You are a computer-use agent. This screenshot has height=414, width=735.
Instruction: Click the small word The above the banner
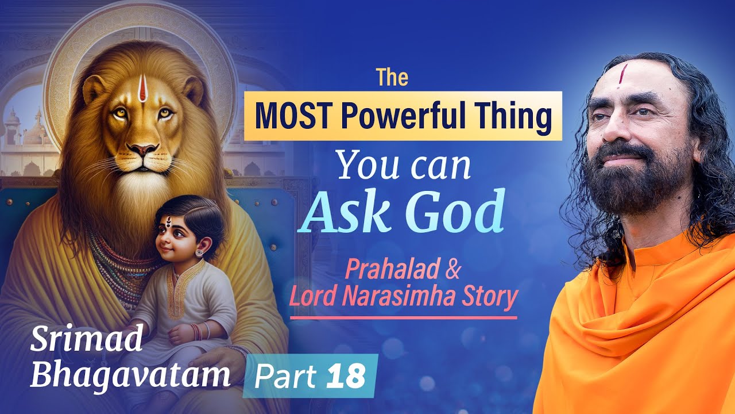tap(392, 78)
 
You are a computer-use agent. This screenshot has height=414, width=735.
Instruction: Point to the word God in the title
tap(457, 213)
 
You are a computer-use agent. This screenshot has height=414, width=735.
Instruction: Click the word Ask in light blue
tap(349, 213)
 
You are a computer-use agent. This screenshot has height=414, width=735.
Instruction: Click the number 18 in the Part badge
tap(347, 377)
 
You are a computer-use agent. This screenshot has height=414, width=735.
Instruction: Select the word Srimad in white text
tap(86, 340)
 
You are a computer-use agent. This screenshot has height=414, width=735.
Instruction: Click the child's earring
tap(199, 252)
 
